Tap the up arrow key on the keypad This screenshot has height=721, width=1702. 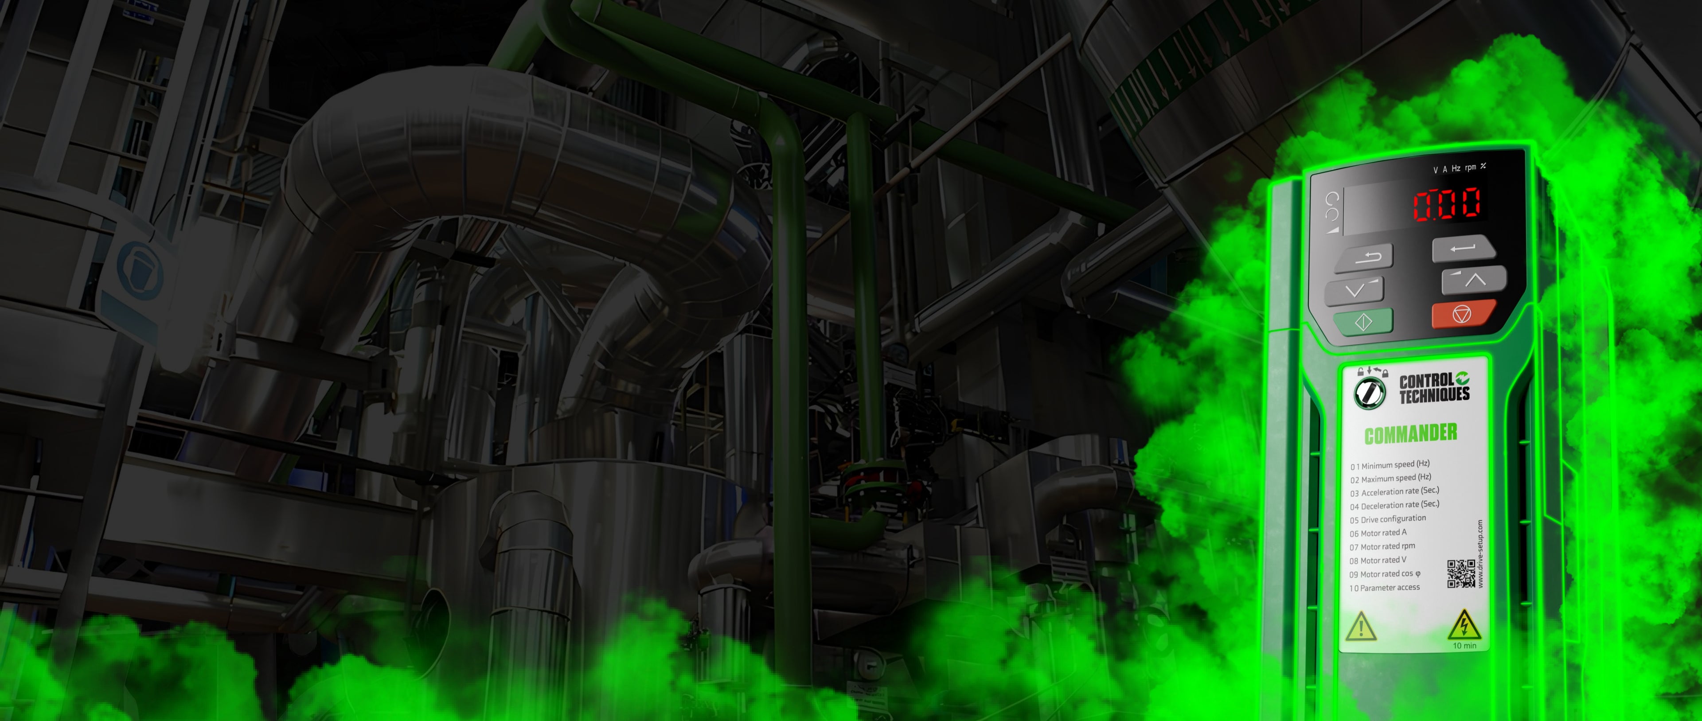(x=1474, y=280)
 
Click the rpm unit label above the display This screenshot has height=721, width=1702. (x=1470, y=167)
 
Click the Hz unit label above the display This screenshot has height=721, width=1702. (x=1456, y=168)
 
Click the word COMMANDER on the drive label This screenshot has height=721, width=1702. (x=1411, y=433)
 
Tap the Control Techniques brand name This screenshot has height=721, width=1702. (x=1434, y=388)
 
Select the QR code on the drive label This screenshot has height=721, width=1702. (x=1461, y=573)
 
